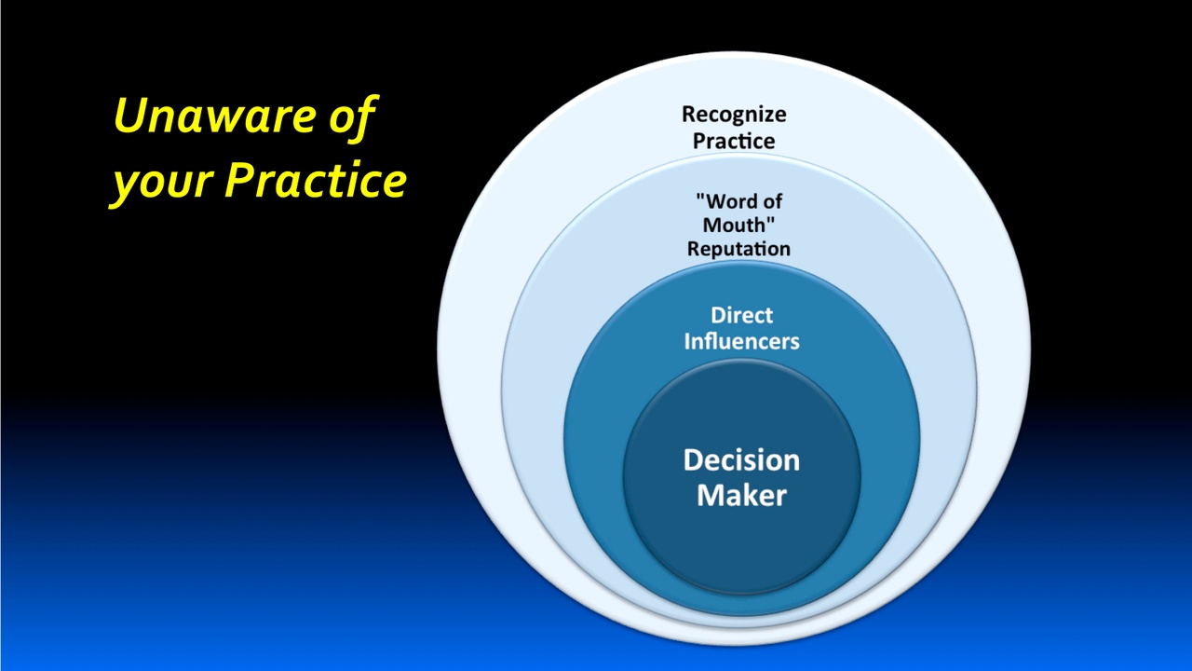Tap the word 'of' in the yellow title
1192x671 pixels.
tap(351, 117)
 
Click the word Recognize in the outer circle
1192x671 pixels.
tap(734, 115)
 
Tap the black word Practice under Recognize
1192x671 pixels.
tap(734, 141)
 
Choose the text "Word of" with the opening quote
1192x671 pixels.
tap(739, 200)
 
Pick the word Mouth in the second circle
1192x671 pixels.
tap(735, 225)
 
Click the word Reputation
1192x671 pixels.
tap(738, 249)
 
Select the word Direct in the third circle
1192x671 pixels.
tap(741, 315)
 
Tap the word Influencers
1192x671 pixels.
tap(741, 341)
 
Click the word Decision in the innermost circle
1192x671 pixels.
tap(741, 459)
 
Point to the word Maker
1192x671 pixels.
tap(741, 494)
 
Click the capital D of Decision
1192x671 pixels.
tap(694, 459)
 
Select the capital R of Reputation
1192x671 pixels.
tap(694, 248)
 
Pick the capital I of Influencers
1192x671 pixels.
tap(688, 341)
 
